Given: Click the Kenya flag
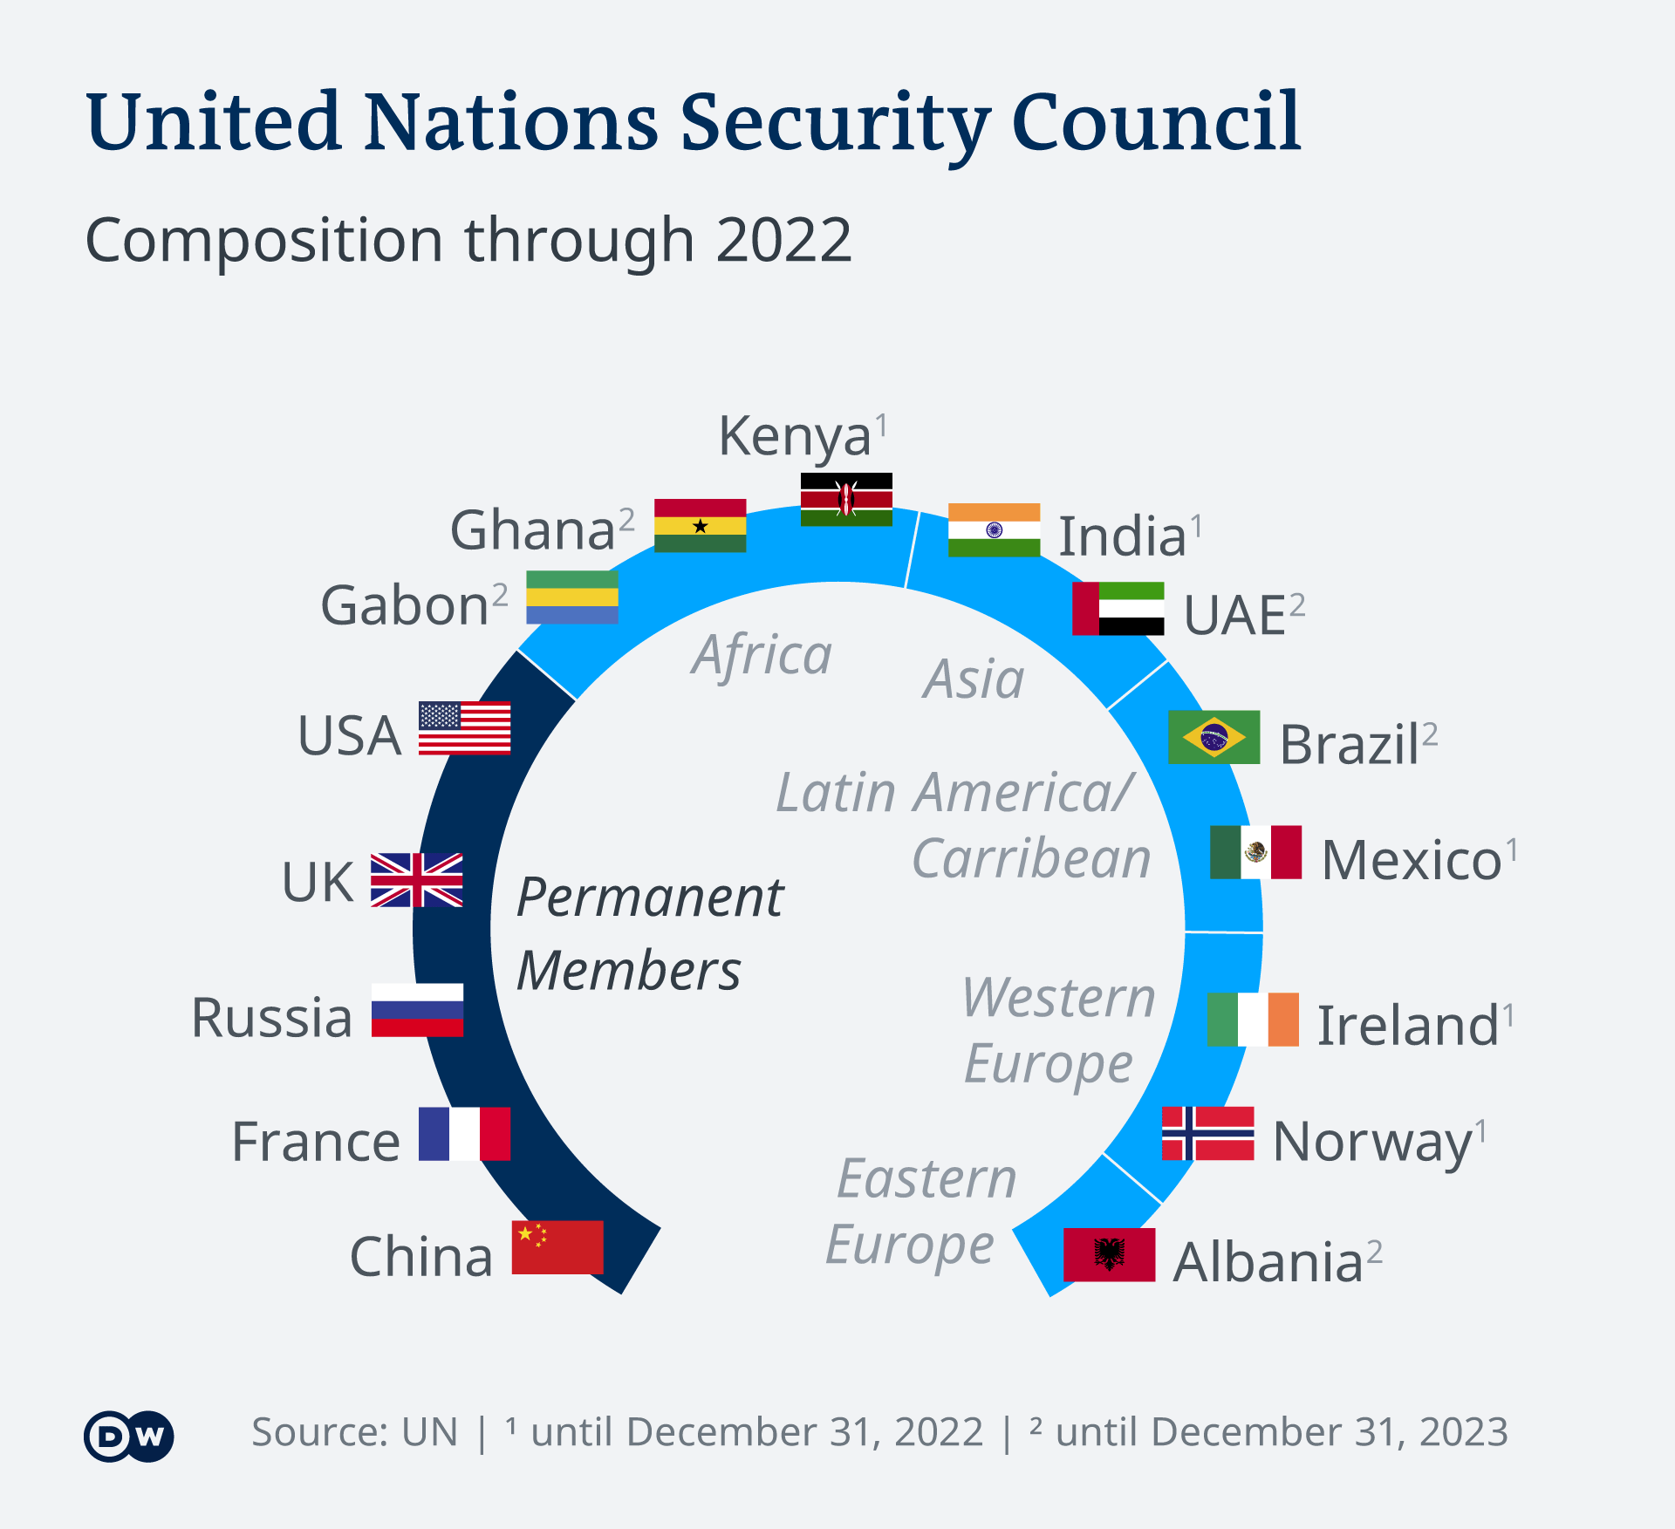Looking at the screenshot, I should (x=846, y=499).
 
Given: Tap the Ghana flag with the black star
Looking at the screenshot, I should (x=700, y=525).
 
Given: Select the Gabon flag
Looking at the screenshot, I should (x=571, y=597).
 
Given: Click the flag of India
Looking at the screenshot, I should (x=994, y=529).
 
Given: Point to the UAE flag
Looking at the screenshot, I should (x=1118, y=608).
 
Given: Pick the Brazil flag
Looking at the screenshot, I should (x=1214, y=737).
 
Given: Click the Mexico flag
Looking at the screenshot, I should (x=1255, y=851).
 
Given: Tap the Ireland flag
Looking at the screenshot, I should (x=1252, y=1019).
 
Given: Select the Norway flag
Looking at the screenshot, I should (x=1207, y=1133).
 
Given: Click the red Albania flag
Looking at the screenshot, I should (x=1109, y=1254).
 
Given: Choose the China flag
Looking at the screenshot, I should (x=557, y=1247).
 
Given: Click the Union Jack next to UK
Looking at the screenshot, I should (x=416, y=879).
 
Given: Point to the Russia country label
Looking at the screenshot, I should (x=271, y=1017).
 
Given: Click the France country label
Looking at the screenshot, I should (x=315, y=1141).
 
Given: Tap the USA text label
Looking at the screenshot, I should (x=349, y=735).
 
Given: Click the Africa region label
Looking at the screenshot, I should (x=762, y=655).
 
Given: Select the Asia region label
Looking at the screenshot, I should (x=974, y=679).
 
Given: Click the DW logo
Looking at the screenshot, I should (x=129, y=1435).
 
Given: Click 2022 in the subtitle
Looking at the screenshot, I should (x=783, y=241).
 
